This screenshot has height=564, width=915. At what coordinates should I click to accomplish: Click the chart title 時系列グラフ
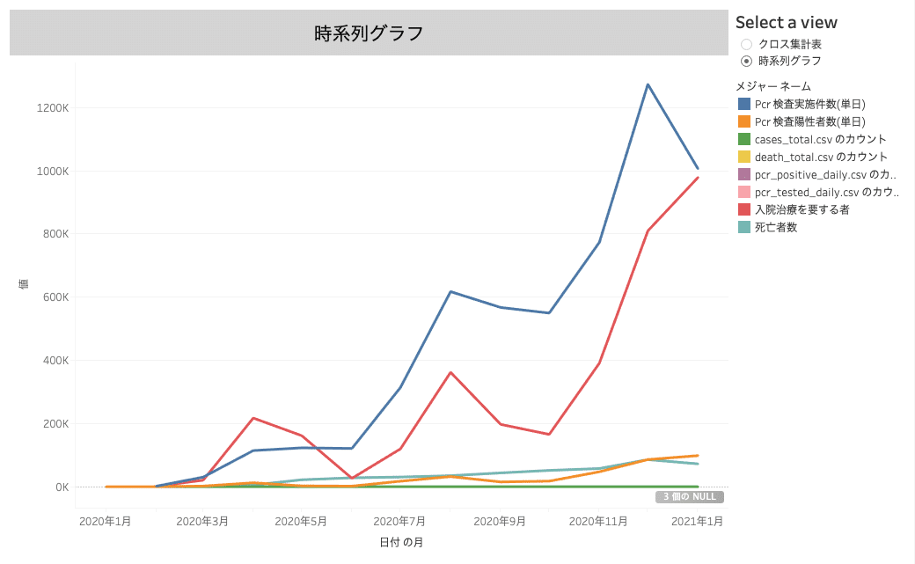click(x=369, y=33)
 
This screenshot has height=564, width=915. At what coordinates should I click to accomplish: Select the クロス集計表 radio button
click(x=747, y=44)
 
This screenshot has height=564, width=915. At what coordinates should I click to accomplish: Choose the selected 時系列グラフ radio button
click(x=747, y=61)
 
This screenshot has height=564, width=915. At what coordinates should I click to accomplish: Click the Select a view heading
click(x=787, y=23)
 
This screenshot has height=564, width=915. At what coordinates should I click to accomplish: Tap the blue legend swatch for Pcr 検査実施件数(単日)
click(x=744, y=104)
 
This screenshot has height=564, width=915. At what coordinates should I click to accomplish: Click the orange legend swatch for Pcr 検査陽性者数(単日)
click(x=744, y=121)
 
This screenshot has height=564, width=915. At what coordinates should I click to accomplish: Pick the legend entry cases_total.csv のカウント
click(x=820, y=139)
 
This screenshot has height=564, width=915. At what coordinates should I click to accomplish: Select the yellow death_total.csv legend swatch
click(x=744, y=157)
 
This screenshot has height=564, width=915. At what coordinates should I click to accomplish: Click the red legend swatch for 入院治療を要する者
click(x=744, y=209)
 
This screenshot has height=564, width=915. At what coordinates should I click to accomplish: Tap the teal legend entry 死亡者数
click(x=775, y=227)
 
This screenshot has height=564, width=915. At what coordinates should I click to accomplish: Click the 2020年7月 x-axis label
click(x=399, y=521)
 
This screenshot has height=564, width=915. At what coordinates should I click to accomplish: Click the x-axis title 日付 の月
click(x=401, y=543)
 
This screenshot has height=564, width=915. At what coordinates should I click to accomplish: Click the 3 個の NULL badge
click(x=689, y=497)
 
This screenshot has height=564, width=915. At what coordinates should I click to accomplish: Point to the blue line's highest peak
click(x=648, y=84)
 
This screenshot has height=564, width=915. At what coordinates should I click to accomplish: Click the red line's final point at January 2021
click(x=698, y=178)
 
